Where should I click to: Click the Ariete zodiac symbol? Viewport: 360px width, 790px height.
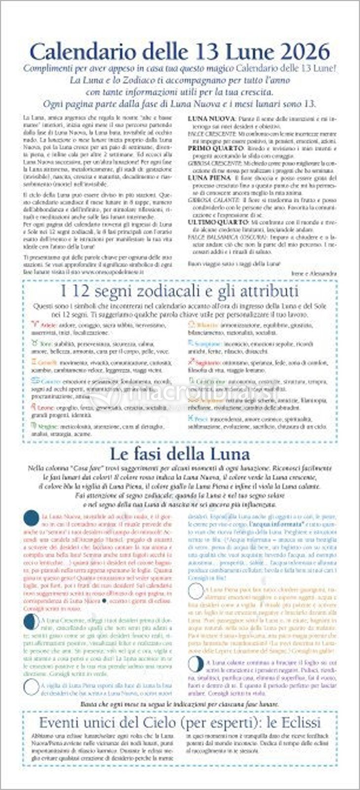coord(34,325)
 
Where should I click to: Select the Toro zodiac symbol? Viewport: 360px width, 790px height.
coord(34,342)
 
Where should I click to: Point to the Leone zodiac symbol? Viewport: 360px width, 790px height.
coord(34,407)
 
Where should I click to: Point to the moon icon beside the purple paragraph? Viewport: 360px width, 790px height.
coord(196,663)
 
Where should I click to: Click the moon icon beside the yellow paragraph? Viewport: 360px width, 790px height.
coord(196,591)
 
